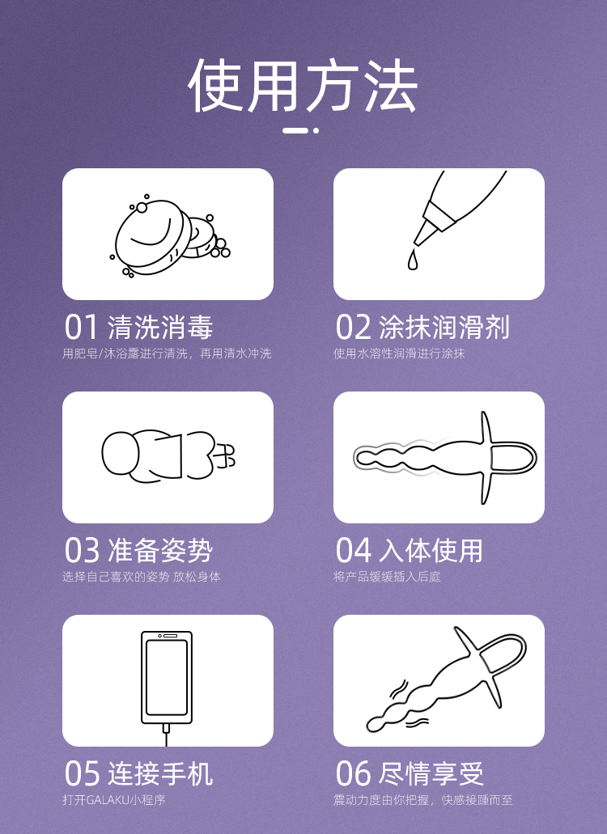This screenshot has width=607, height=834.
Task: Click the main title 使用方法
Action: [303, 86]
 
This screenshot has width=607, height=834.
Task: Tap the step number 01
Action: [82, 327]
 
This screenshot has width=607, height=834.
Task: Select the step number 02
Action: [353, 327]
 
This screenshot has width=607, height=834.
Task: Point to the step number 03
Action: [82, 550]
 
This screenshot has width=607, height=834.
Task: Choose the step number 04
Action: [353, 550]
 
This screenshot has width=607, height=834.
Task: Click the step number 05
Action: [82, 773]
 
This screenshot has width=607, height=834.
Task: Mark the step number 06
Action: [353, 773]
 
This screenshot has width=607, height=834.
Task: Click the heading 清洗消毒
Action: [160, 327]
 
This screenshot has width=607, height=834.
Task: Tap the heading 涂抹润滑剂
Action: [444, 327]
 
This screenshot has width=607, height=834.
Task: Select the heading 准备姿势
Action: [160, 550]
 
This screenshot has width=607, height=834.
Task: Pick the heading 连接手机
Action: [160, 773]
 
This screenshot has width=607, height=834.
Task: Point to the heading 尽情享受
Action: [431, 773]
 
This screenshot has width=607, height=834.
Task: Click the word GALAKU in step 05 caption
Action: [108, 800]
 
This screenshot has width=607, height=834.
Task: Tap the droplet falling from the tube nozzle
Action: [412, 260]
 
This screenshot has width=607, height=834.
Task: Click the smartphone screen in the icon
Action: [167, 677]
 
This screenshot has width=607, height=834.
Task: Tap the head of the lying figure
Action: [121, 454]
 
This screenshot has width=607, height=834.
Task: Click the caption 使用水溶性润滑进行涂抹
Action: [399, 353]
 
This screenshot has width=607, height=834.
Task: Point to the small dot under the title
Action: [316, 129]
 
